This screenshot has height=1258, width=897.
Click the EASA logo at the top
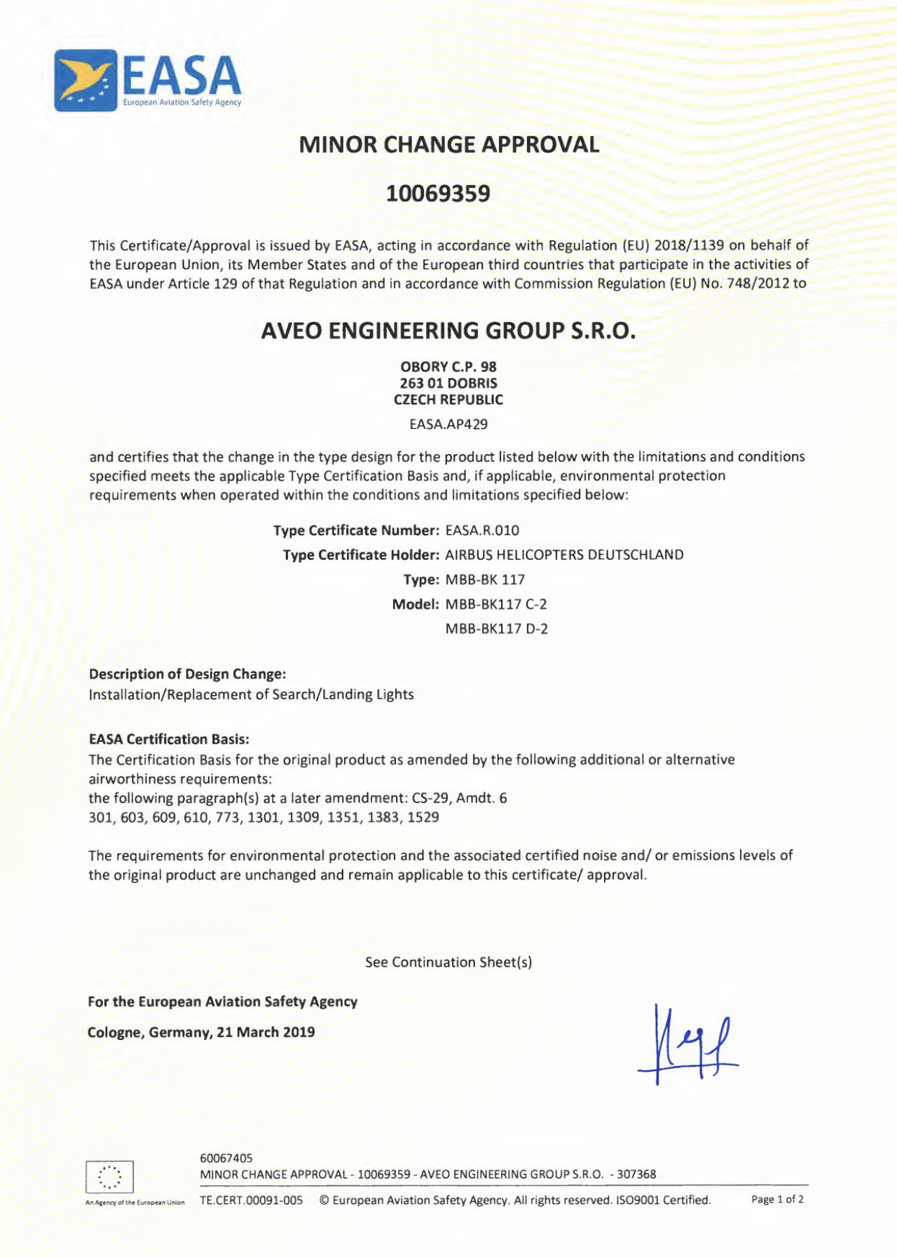[148, 81]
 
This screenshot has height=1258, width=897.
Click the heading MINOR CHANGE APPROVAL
[448, 145]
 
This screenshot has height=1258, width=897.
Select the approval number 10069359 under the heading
[438, 193]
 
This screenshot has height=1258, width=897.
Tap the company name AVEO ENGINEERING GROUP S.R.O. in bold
[448, 331]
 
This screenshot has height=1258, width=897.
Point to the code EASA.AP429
[448, 425]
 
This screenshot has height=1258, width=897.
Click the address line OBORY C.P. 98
[448, 367]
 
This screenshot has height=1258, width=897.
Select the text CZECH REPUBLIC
[448, 400]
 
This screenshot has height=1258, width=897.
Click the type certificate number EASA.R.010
[482, 531]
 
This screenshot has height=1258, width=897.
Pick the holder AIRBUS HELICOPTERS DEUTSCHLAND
[564, 555]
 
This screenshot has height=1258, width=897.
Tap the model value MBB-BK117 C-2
[496, 604]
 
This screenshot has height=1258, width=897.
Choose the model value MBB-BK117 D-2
[496, 629]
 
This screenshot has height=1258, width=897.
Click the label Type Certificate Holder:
[361, 555]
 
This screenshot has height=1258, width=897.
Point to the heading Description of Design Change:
[187, 674]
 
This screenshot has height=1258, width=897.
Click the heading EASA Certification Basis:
[169, 739]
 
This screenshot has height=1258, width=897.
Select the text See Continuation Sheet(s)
[448, 962]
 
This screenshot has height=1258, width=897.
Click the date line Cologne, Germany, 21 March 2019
[201, 1032]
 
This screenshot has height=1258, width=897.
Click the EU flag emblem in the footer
[109, 1177]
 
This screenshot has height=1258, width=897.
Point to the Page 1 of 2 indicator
[777, 1200]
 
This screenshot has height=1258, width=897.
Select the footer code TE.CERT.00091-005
[252, 1201]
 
